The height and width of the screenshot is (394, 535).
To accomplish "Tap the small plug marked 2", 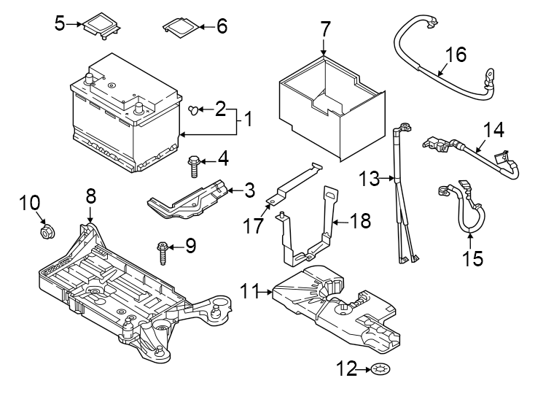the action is (193, 110).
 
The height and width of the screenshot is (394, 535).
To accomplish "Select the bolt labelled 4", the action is (193, 166).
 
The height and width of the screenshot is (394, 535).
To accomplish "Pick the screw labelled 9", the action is (162, 253).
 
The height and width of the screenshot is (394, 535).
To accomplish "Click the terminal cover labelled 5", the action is (102, 26).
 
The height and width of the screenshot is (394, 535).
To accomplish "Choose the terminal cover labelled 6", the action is (181, 26).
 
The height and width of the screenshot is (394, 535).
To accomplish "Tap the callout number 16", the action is (456, 55).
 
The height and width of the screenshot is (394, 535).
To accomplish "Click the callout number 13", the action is (369, 178).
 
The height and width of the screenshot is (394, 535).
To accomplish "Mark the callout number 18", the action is (360, 220).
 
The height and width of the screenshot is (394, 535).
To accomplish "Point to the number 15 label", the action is (472, 258).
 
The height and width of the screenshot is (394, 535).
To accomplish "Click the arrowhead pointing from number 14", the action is (477, 150).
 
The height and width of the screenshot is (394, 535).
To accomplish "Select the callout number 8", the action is (91, 196).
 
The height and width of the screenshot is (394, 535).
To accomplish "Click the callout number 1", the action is (249, 119).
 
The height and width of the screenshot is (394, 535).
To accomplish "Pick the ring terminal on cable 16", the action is (489, 74).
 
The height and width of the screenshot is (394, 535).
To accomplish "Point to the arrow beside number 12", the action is (364, 369).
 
